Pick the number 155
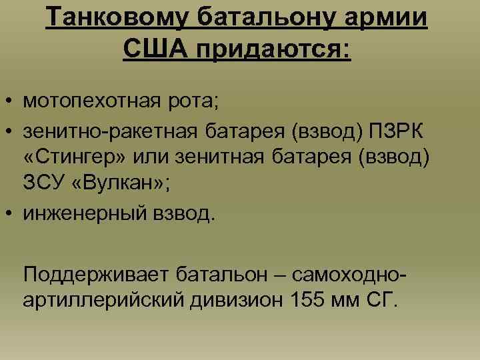pyautogui.click(x=309, y=299)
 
